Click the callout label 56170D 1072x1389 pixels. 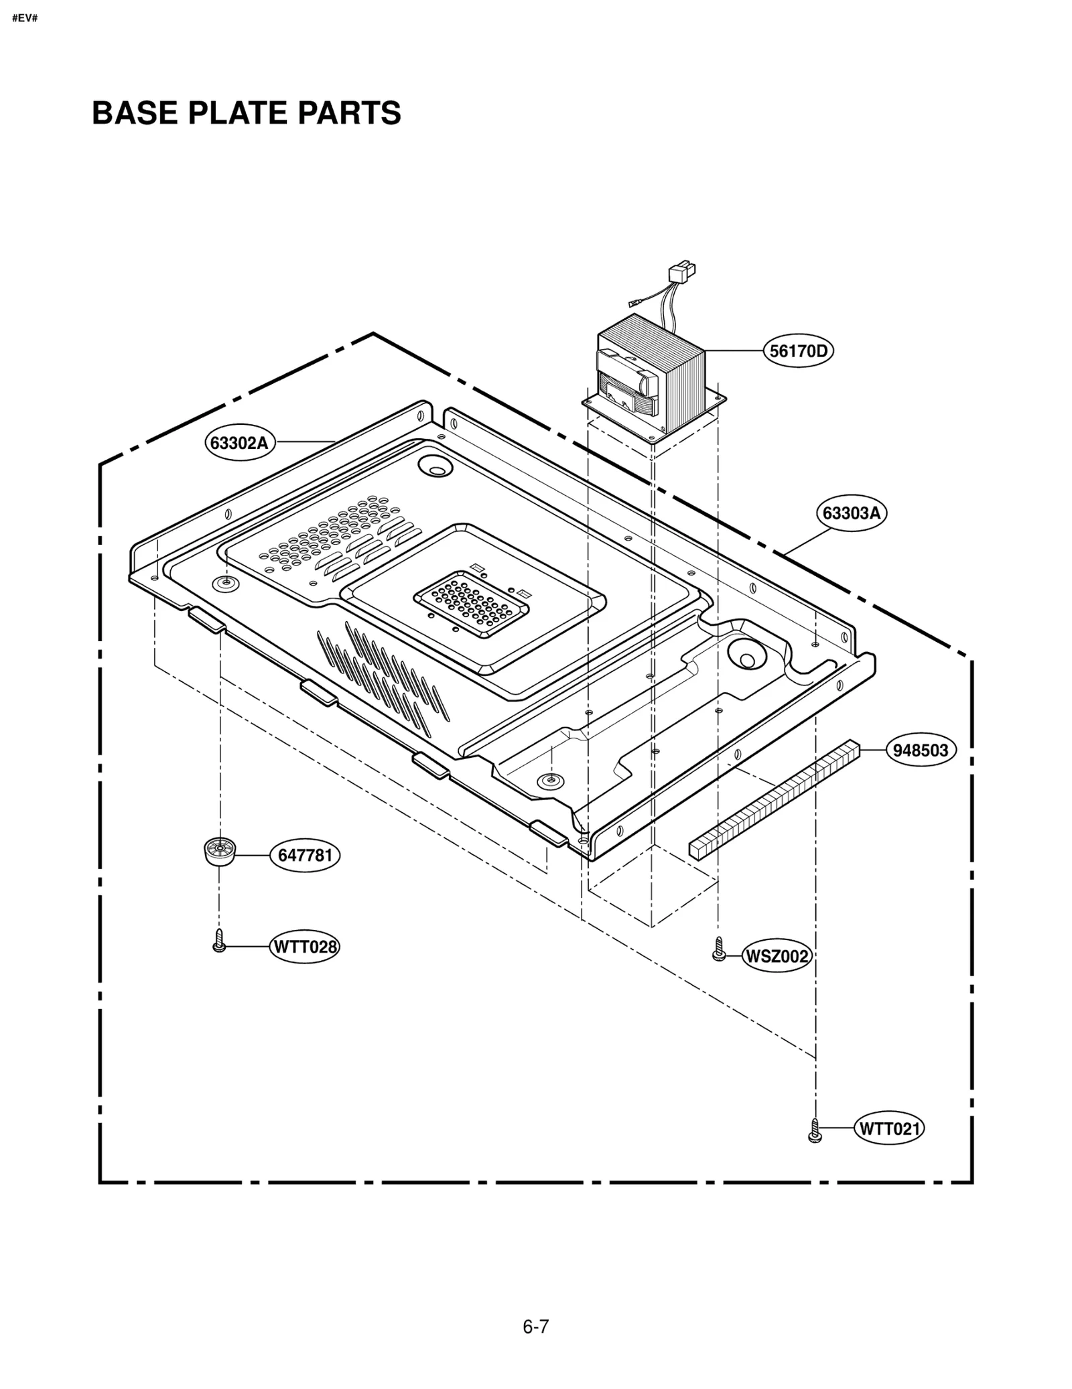click(x=798, y=350)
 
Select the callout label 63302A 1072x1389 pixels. click(x=240, y=443)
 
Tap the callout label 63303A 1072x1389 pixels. click(x=851, y=513)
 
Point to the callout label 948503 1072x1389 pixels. click(x=921, y=750)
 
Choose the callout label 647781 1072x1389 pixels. click(x=305, y=856)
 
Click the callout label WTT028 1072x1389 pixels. click(x=304, y=947)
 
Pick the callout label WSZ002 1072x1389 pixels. click(x=777, y=957)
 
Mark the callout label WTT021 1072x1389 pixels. click(x=890, y=1129)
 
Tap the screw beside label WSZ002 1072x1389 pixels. click(x=718, y=949)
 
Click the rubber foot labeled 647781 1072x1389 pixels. click(x=218, y=851)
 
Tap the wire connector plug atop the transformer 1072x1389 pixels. click(x=682, y=272)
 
